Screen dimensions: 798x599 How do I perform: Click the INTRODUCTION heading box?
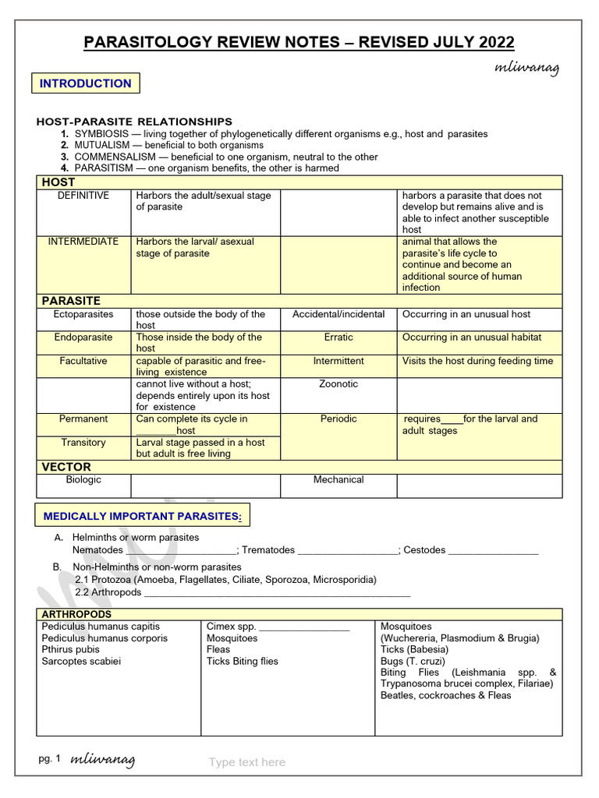pos(86,83)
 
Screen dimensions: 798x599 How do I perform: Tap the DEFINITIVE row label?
pos(83,196)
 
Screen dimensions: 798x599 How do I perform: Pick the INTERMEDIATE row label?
pos(83,242)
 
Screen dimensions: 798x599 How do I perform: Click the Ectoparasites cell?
pos(83,314)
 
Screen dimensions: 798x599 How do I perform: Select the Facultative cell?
pos(83,361)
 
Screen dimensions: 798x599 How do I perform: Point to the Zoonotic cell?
pos(338,384)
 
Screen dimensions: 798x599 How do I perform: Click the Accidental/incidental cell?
pos(338,314)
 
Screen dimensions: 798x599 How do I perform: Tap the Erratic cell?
pos(338,337)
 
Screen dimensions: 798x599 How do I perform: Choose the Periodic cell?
pos(338,418)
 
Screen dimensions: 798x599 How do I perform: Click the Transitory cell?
pos(83,442)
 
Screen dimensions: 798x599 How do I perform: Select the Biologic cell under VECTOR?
pos(83,479)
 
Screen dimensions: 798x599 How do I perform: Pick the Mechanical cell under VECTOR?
pos(338,479)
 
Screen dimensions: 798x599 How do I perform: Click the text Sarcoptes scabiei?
pos(81,661)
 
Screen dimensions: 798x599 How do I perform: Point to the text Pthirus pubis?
pos(71,649)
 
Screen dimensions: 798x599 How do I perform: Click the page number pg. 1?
pos(49,758)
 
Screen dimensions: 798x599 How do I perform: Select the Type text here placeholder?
pos(247,762)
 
